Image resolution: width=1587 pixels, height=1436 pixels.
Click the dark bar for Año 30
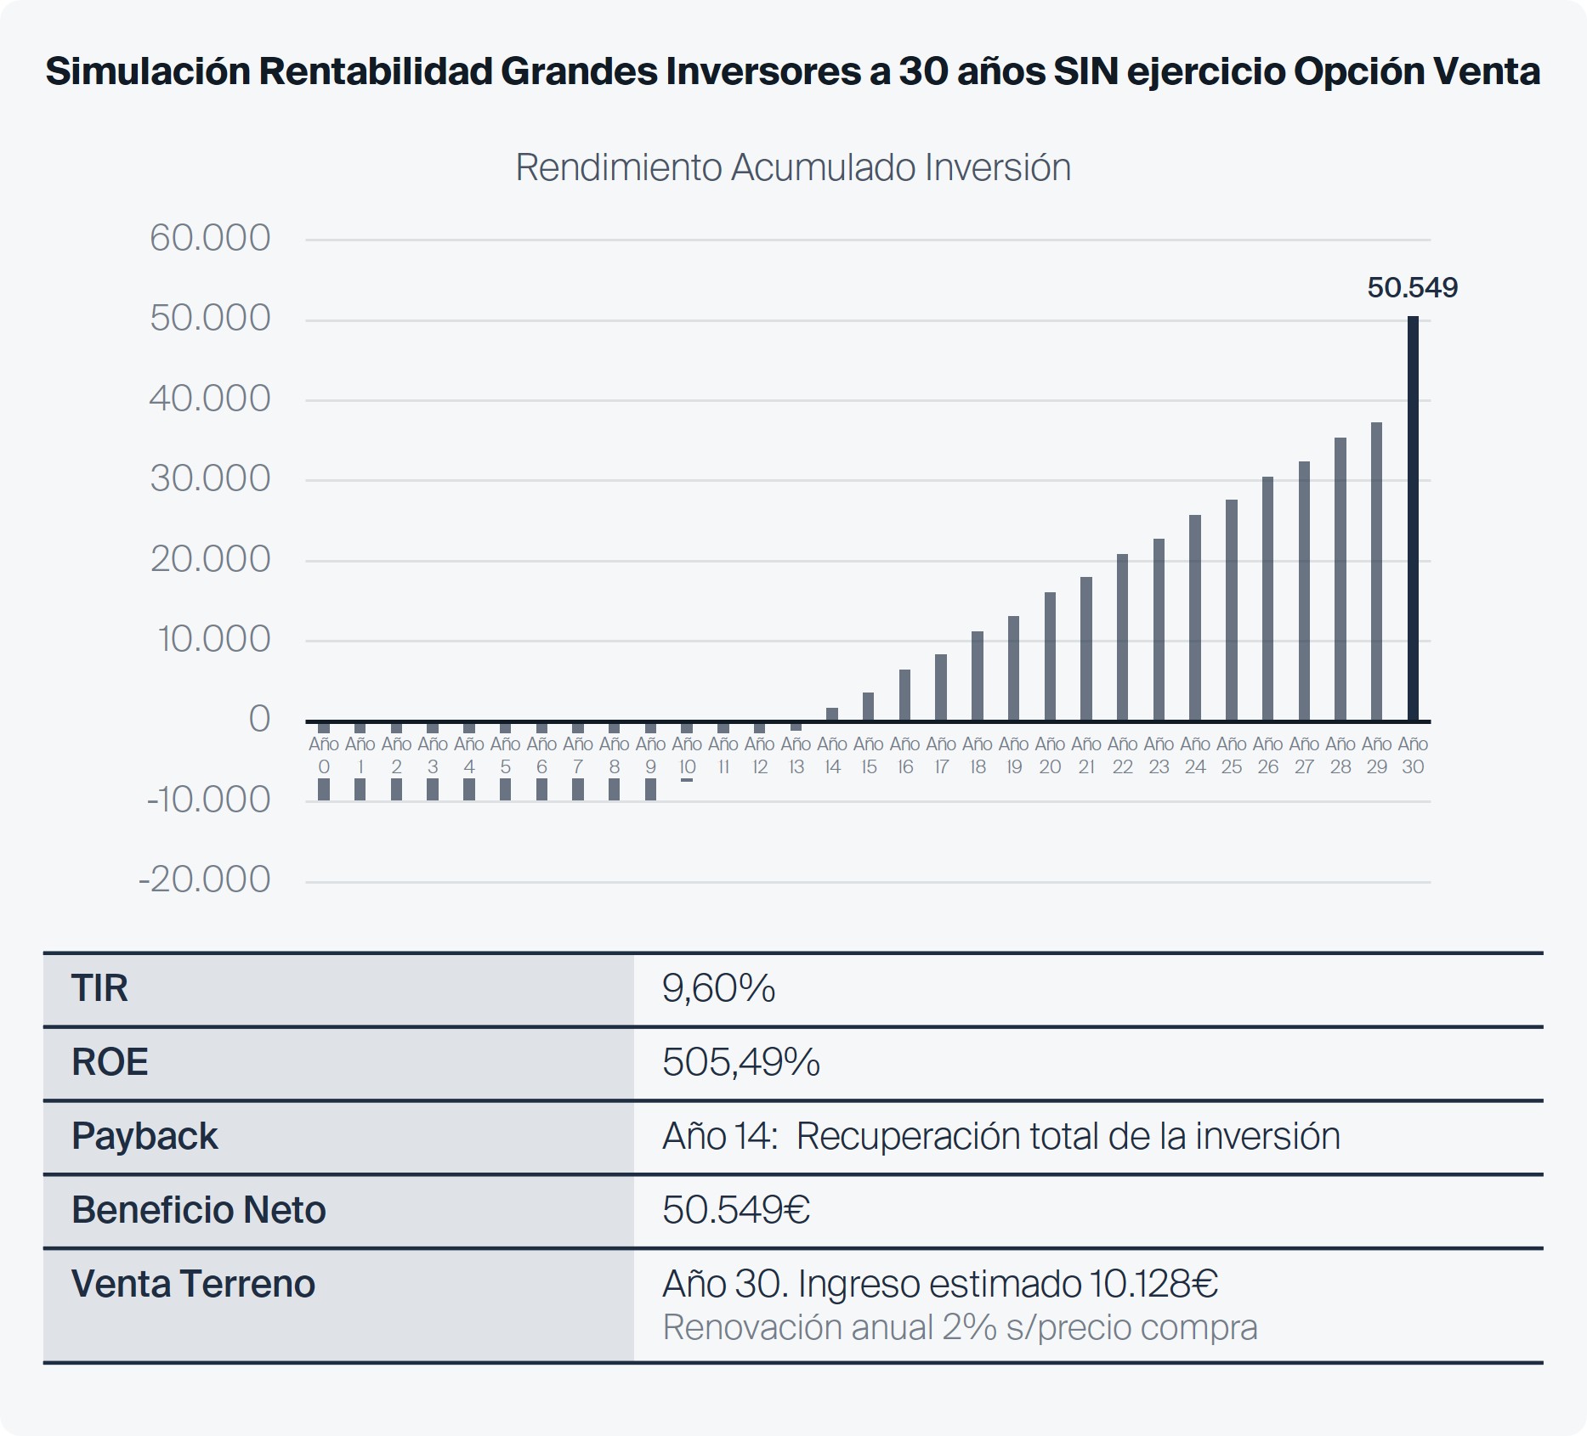(x=1413, y=518)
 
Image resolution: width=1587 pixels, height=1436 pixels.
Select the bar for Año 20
(x=1050, y=656)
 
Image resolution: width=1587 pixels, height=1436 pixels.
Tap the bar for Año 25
(x=1231, y=610)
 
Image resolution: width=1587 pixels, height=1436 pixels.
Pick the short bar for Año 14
(x=832, y=715)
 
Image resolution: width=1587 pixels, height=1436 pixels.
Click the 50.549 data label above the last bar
(x=1412, y=288)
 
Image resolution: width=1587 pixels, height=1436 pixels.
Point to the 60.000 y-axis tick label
(x=210, y=238)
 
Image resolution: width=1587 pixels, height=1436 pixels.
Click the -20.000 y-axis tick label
(x=205, y=879)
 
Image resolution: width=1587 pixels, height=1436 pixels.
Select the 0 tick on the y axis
(x=259, y=720)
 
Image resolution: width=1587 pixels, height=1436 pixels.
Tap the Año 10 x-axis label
(x=687, y=755)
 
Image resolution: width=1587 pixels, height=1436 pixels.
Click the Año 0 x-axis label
(x=324, y=755)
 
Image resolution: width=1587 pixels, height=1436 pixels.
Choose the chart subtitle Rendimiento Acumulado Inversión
(x=792, y=167)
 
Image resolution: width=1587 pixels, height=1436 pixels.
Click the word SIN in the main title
(x=1085, y=71)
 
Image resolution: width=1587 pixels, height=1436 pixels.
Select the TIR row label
(x=99, y=988)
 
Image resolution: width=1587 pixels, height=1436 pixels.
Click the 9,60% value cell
(x=718, y=988)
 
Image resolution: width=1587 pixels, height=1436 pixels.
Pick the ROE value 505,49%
(x=740, y=1062)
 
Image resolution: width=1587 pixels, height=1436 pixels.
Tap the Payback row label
(x=145, y=1136)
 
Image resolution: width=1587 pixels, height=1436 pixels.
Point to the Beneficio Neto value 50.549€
(x=735, y=1210)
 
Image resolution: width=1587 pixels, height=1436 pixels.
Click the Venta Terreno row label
(x=193, y=1284)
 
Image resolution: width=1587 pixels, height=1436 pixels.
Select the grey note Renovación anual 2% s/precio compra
(x=959, y=1327)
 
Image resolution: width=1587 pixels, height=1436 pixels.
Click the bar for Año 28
(x=1340, y=579)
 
